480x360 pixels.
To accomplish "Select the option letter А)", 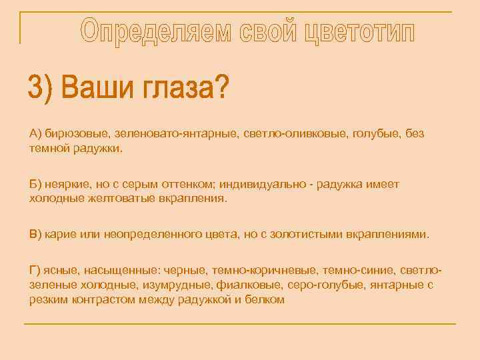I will point(36,134).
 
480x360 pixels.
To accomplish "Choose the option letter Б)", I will point(36,184).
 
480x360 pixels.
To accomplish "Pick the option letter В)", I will point(36,235).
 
